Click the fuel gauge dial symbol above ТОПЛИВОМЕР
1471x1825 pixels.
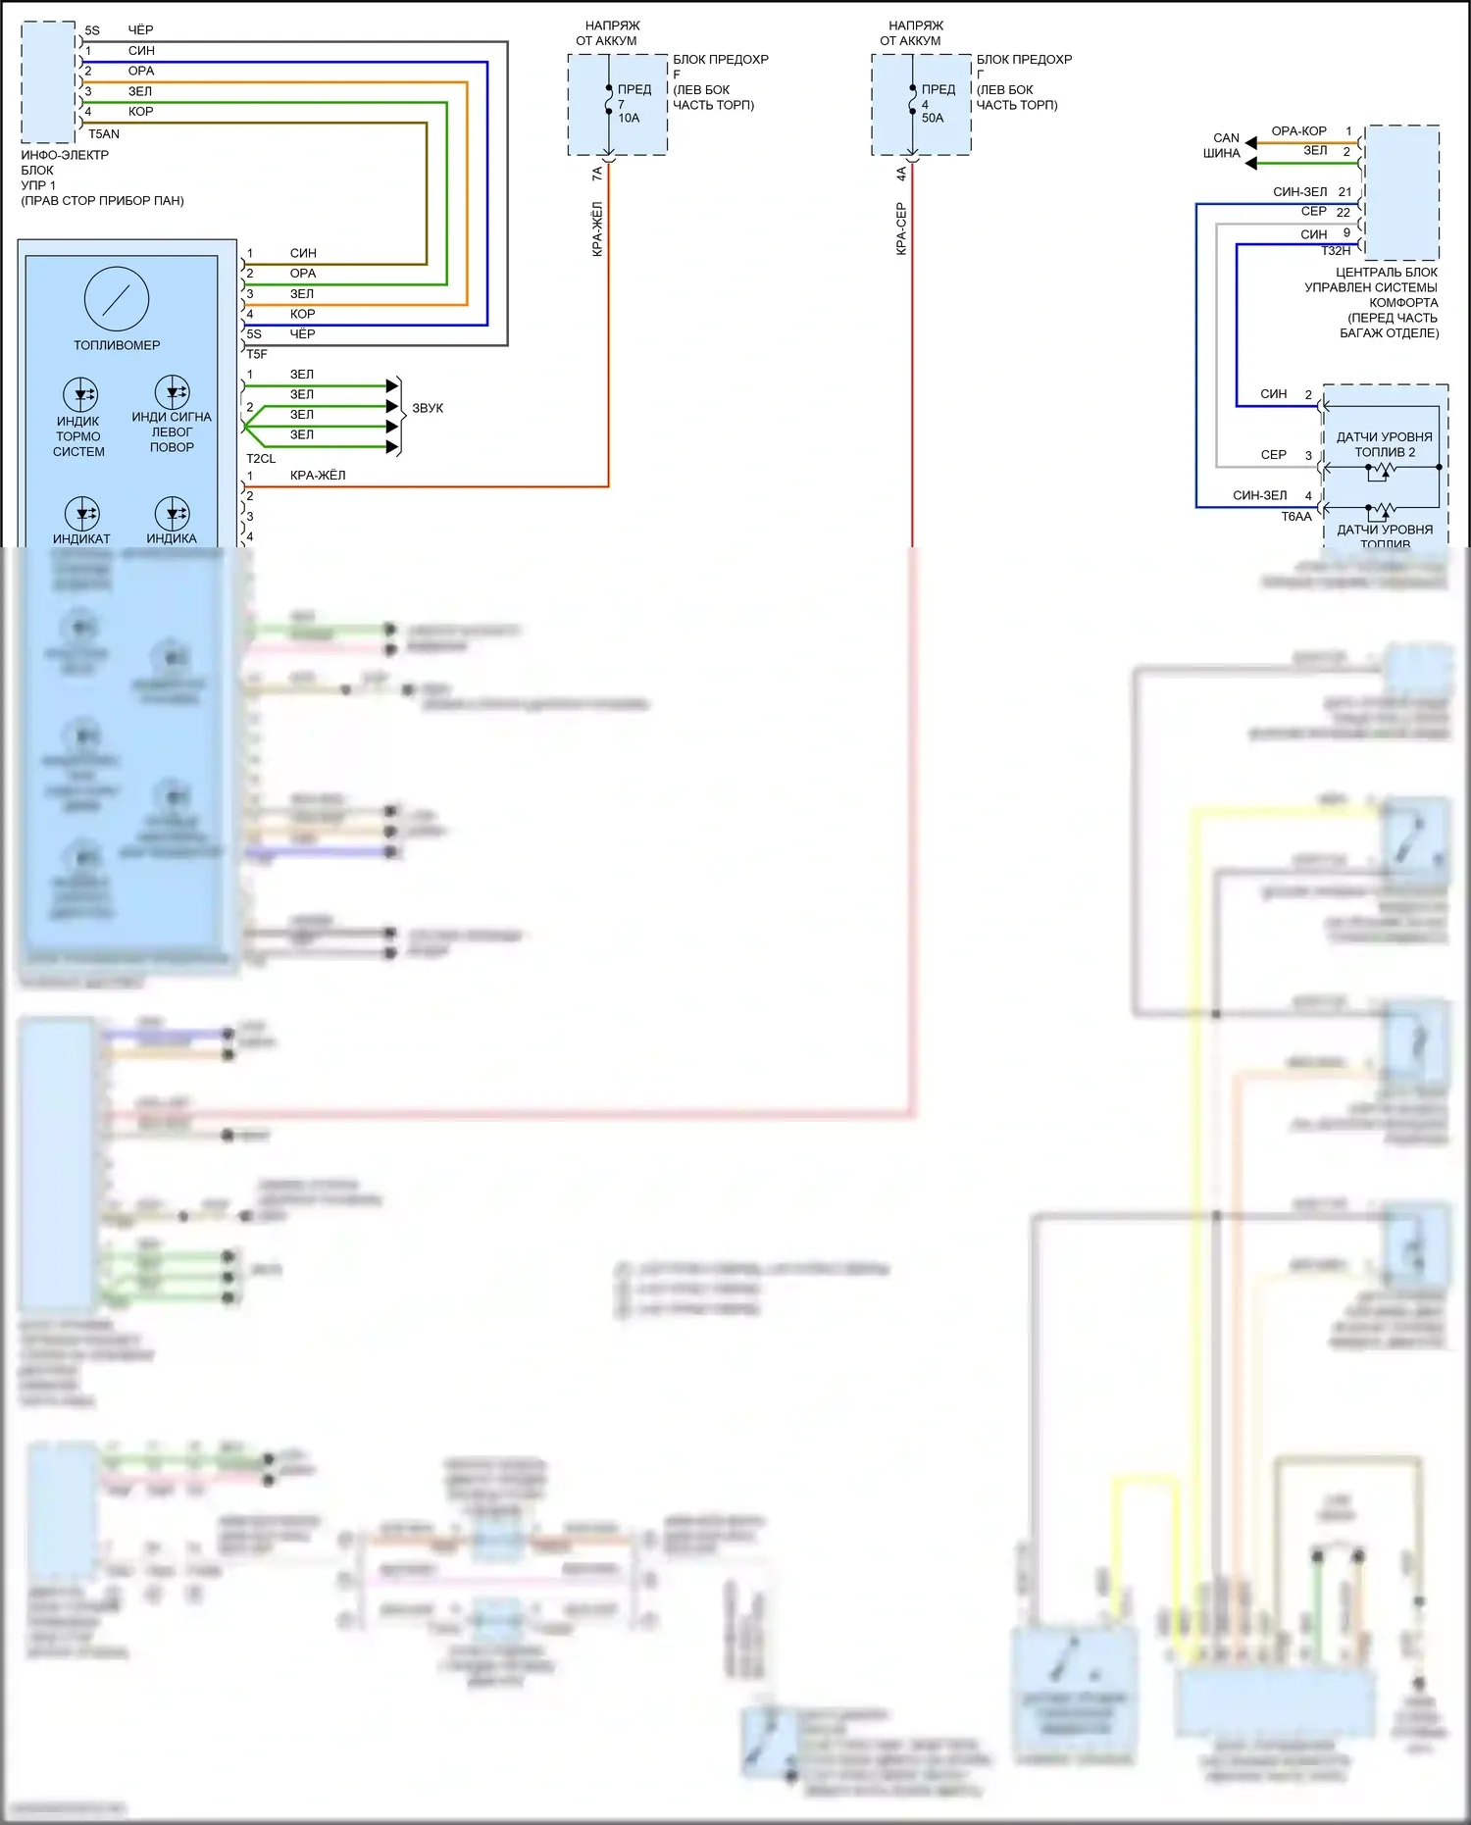116,298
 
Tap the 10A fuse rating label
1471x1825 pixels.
629,118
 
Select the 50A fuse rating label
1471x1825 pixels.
933,118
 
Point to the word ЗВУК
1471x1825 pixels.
428,408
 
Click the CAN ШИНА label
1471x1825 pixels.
1223,145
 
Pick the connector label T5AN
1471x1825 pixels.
104,134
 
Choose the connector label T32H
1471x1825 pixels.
1336,251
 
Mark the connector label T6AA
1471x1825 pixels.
1295,517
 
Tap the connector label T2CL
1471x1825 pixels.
261,459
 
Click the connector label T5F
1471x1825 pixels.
257,354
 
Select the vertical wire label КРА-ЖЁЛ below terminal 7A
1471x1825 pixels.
597,229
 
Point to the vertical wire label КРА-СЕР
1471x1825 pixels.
901,229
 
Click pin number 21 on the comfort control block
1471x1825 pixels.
1344,192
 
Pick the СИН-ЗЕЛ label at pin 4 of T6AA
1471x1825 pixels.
1260,496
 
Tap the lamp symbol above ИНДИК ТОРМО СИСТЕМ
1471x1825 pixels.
80,395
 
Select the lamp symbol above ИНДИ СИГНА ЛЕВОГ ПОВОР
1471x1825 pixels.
172,392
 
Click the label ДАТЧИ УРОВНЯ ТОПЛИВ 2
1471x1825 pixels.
1385,444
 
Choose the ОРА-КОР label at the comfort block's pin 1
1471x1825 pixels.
1298,131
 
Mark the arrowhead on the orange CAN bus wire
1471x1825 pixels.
1250,143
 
